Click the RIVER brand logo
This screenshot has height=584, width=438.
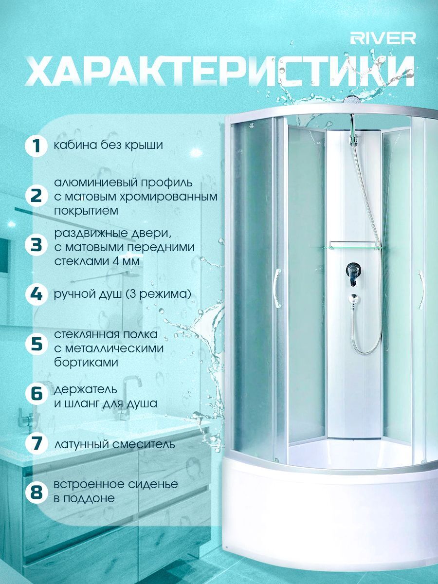(383, 38)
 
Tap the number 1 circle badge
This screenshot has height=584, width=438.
(36, 146)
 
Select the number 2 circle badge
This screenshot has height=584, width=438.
(36, 197)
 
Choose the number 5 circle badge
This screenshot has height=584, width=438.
(36, 344)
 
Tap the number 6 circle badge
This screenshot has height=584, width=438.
(36, 393)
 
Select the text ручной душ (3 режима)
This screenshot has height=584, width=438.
(123, 294)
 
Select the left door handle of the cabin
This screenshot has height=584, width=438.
(277, 289)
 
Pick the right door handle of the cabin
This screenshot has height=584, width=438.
(421, 290)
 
